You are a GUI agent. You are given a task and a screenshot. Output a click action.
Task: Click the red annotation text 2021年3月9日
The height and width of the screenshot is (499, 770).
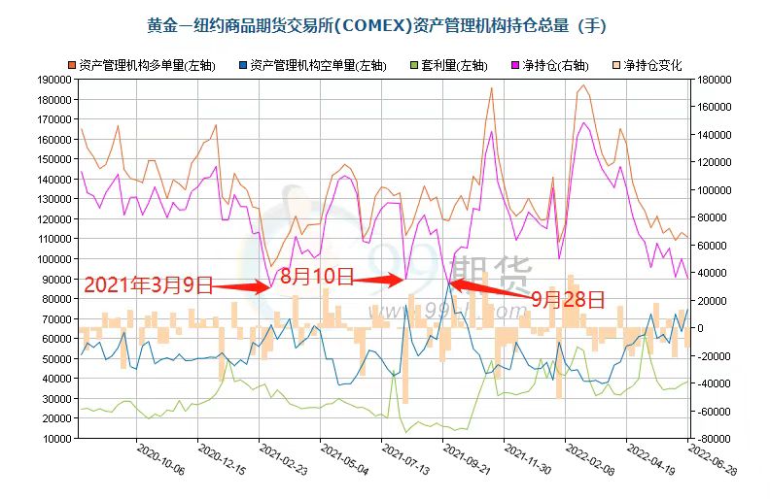[148, 285]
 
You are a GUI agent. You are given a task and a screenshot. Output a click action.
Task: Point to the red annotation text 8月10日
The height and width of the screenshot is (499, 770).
[315, 276]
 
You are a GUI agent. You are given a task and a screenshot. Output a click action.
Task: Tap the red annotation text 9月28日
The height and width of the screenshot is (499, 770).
[568, 299]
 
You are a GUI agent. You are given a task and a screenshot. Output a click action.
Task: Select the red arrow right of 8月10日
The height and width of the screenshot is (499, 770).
[377, 280]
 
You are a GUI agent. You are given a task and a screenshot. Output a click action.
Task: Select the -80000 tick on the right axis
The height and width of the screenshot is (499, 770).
[711, 438]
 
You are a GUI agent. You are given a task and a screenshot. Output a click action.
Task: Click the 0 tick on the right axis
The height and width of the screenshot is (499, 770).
[697, 328]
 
